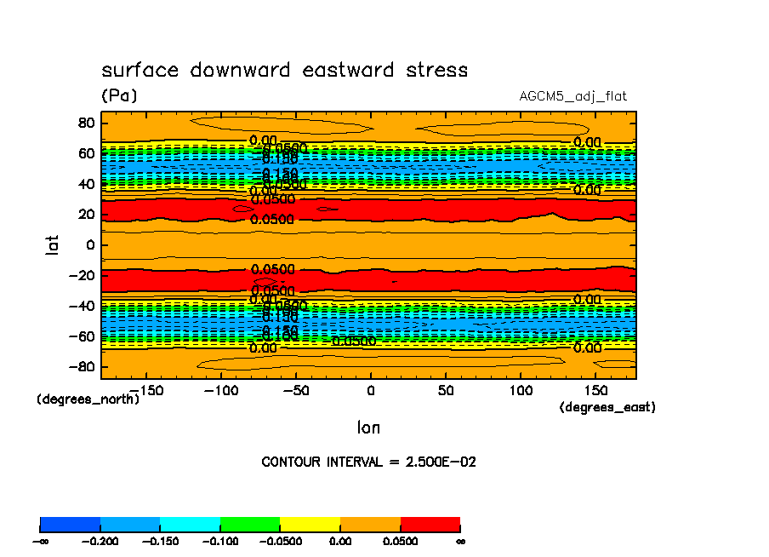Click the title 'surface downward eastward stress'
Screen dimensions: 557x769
point(284,70)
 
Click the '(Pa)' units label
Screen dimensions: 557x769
point(119,95)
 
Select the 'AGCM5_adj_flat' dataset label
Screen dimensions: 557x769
point(572,96)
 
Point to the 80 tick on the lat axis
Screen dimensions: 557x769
point(85,122)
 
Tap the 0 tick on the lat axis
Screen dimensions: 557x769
point(89,245)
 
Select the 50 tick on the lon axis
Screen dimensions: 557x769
point(445,390)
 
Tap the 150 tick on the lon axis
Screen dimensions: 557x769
point(595,390)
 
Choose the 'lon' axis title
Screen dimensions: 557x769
point(368,428)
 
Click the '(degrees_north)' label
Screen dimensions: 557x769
point(88,399)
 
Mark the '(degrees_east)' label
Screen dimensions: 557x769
point(607,408)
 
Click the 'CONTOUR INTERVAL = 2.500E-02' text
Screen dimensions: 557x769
point(368,462)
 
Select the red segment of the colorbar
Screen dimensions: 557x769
point(430,524)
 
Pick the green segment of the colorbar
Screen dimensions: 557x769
point(250,524)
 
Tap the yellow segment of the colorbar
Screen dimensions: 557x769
point(310,524)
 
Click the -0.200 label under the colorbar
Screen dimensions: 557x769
point(100,541)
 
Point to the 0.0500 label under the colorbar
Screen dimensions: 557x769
point(400,541)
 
